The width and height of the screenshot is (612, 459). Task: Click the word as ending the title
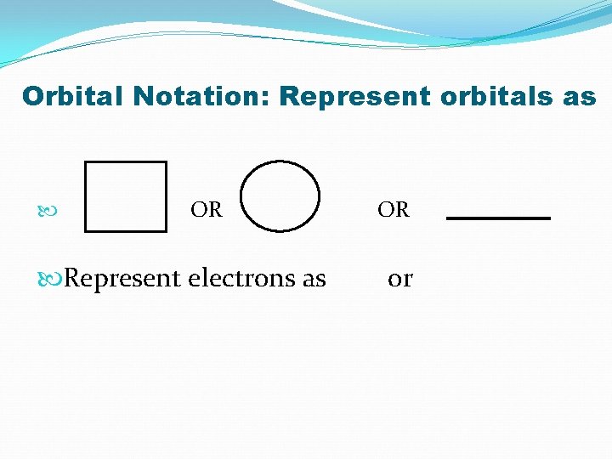578,96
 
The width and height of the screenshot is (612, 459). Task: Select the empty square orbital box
126,196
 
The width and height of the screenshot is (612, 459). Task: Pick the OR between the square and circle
207,209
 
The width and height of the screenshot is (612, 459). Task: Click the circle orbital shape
280,196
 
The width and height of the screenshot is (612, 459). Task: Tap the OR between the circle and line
394,209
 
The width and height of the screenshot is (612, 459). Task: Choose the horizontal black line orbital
498,218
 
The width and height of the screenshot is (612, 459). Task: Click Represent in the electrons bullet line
122,278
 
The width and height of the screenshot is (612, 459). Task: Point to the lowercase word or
399,278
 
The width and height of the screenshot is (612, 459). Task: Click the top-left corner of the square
87,162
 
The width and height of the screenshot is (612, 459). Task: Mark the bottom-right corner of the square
166,230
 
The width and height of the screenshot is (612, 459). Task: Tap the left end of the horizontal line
448,218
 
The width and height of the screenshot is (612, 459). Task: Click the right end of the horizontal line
549,218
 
